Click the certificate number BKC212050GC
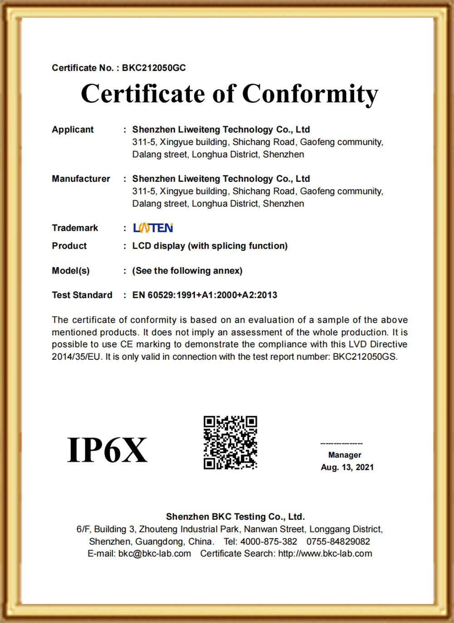click(x=154, y=68)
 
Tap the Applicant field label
click(x=73, y=130)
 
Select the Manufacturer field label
click(x=81, y=179)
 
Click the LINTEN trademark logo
click(x=153, y=228)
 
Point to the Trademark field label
click(x=75, y=228)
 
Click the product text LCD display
click(x=158, y=246)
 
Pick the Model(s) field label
click(x=70, y=271)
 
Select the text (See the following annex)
click(x=187, y=271)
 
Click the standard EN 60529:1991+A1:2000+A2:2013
click(x=204, y=295)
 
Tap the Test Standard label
click(x=82, y=295)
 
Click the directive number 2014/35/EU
click(x=76, y=357)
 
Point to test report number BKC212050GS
click(x=365, y=357)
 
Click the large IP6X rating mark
click(x=107, y=450)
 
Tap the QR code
click(x=230, y=443)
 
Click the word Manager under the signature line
click(x=345, y=455)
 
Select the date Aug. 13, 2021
click(x=347, y=467)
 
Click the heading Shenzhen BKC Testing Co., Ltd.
click(x=235, y=517)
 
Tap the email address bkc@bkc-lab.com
click(x=154, y=553)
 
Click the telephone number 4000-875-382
click(x=268, y=542)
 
